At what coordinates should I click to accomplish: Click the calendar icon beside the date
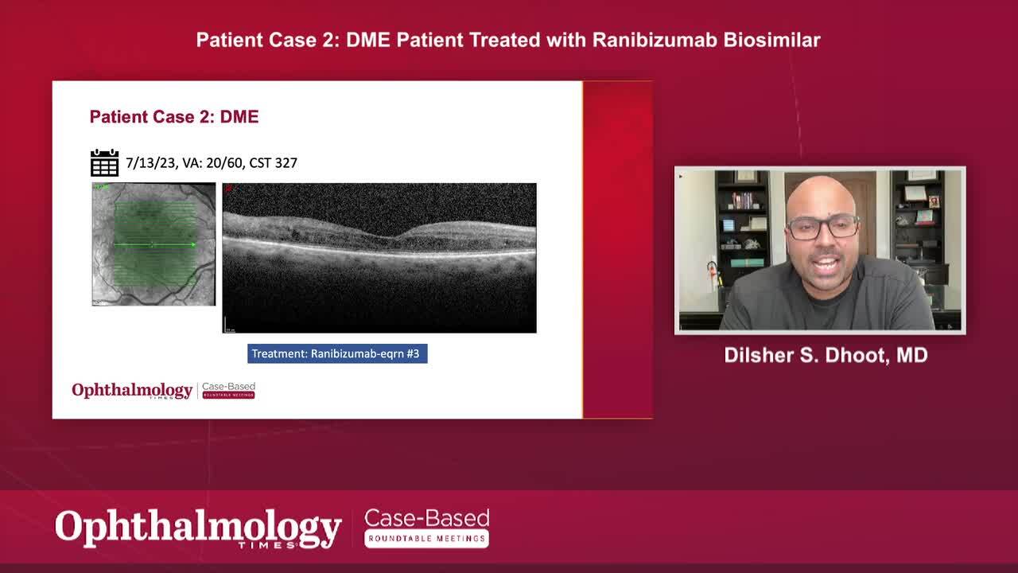coord(104,162)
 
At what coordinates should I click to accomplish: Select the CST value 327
coord(285,163)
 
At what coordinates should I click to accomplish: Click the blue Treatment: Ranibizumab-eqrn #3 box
coord(337,353)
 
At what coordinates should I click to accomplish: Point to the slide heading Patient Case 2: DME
coord(174,117)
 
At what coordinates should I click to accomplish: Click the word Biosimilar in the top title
coord(771,40)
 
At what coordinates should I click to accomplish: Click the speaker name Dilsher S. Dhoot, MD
coord(826,355)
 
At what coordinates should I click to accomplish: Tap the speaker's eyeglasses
coord(822,227)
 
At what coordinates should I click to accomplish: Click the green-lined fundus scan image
coord(153,244)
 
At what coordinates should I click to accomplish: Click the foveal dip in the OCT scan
coord(391,235)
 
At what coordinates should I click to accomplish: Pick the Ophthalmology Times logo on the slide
coord(132,391)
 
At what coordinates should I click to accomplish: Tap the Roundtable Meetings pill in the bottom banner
coord(426,539)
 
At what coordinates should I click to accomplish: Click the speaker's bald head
coord(819,191)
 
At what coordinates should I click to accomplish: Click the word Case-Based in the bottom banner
coord(426,519)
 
